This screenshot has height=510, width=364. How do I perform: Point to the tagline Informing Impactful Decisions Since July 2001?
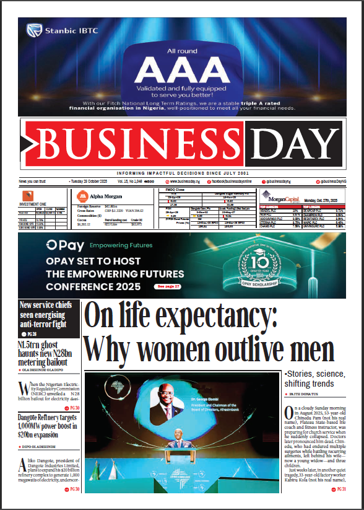coord(182,173)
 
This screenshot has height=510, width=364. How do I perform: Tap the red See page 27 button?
coord(168,286)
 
